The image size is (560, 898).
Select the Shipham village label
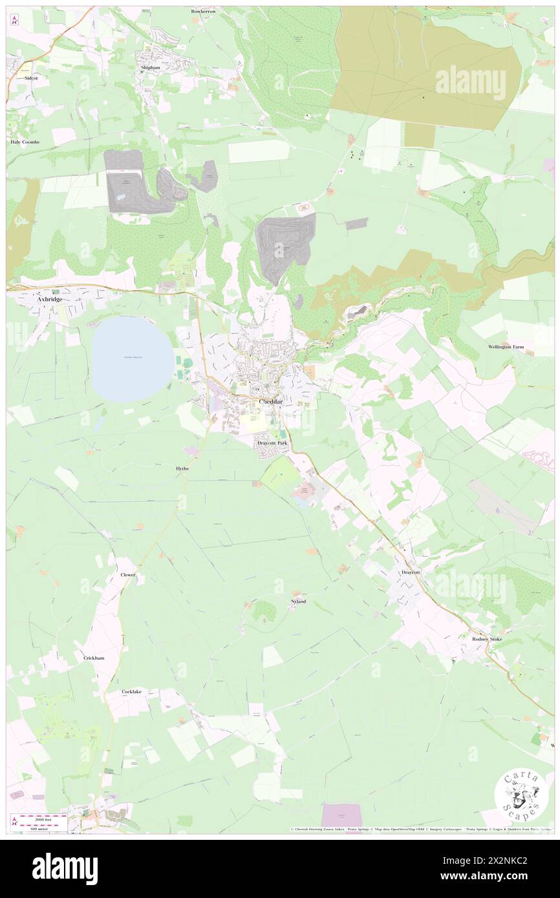coord(151,67)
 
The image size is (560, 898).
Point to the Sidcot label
coord(30,78)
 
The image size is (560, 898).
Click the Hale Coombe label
coord(25,141)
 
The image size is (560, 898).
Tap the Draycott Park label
coord(272,443)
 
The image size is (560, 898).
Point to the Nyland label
coord(298,601)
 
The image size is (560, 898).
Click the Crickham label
coord(94,658)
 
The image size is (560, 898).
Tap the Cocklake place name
coord(131,691)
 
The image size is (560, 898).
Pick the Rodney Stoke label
coord(487,639)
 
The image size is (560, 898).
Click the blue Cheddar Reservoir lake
coord(132,359)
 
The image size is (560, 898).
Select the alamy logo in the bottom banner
coord(65,868)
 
